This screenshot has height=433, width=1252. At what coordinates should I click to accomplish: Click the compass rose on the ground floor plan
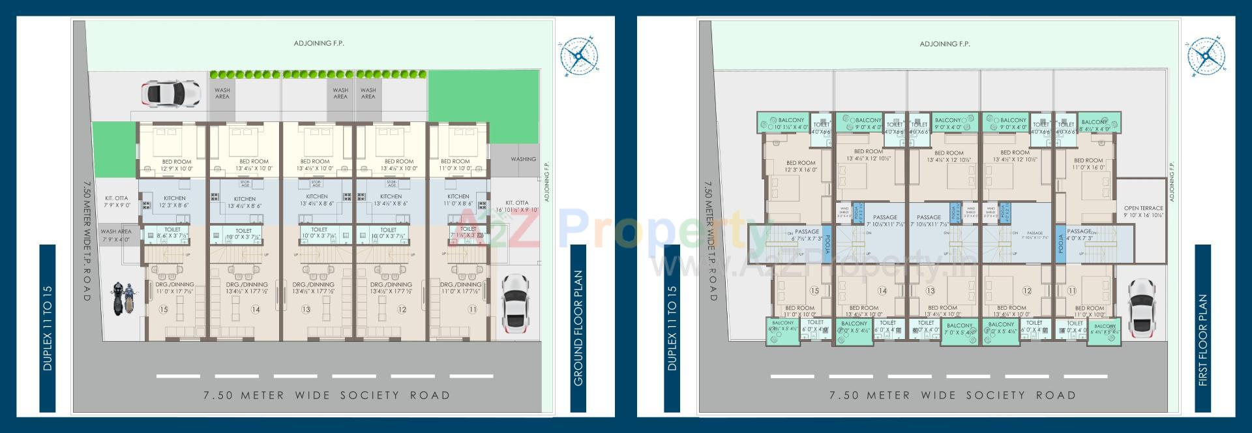click(578, 55)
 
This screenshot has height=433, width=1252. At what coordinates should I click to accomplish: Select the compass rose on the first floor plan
click(1206, 55)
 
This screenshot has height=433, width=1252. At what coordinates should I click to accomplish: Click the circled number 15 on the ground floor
click(163, 309)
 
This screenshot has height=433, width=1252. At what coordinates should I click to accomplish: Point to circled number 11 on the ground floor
click(471, 309)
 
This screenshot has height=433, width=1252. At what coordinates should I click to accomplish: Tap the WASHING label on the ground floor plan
click(523, 159)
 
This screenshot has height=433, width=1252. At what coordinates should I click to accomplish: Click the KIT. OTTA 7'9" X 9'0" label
click(117, 202)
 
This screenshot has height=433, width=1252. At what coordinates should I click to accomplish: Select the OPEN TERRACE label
click(1144, 212)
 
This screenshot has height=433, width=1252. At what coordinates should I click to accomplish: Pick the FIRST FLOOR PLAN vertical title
click(1203, 338)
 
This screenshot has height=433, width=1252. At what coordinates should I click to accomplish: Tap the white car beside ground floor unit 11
click(514, 303)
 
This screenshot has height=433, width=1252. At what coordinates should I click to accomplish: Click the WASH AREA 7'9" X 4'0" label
click(116, 235)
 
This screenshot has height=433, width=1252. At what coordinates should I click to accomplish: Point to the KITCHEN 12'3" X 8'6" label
click(174, 202)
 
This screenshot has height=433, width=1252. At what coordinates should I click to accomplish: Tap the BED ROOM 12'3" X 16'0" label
click(801, 166)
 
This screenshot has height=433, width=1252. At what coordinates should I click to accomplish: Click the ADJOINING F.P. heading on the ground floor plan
click(319, 44)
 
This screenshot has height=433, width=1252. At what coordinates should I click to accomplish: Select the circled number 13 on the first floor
click(931, 291)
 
